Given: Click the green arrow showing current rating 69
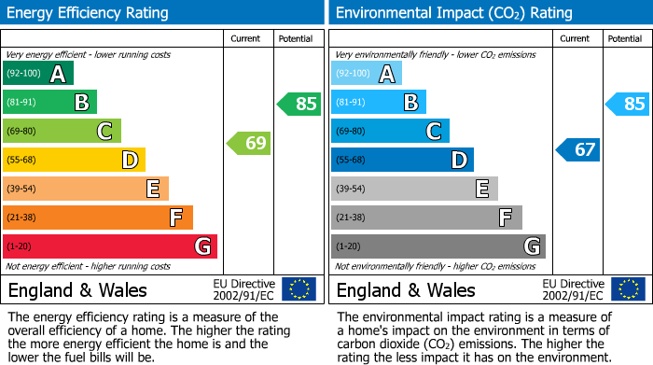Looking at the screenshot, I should point(249,143).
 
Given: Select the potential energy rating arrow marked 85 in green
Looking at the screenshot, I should point(299,104).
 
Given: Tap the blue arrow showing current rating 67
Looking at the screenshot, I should point(578,149).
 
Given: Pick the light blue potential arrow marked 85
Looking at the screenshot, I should point(628,104).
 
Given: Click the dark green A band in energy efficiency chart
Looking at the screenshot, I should point(38,74).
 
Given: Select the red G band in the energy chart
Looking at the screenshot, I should point(110,246).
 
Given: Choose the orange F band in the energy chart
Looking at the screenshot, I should point(98,218).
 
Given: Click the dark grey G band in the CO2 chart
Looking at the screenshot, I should point(438,246).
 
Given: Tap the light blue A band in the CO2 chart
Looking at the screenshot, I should point(367,74).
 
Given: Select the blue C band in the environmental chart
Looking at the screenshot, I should point(390,132).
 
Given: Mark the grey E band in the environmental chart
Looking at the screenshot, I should point(414,189).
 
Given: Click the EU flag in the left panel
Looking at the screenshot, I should point(299,288).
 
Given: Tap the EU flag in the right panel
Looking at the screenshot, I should point(628,288).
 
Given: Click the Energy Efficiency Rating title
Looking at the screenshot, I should point(89,13).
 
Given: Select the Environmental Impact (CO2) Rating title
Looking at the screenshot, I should point(453,13).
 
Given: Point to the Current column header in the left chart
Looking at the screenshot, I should point(247,38).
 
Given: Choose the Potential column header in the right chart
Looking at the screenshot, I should point(625,38).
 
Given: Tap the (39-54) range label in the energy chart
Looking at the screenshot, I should point(21,190).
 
